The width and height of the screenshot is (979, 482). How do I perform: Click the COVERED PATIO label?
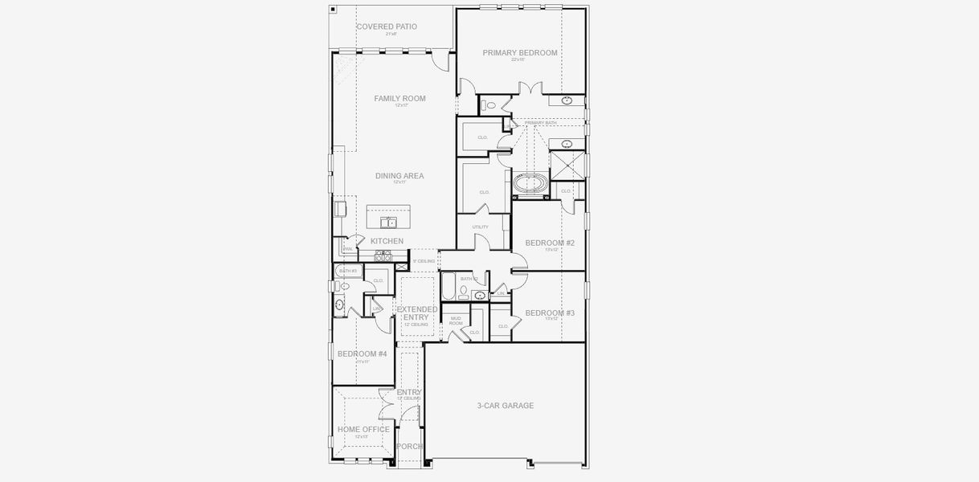(x=387, y=27)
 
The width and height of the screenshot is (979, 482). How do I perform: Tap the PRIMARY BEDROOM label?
(x=520, y=53)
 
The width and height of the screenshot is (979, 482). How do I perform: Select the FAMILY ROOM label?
(x=399, y=99)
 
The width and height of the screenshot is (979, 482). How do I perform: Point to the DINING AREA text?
(x=399, y=176)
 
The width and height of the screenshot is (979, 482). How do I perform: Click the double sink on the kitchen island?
(x=388, y=223)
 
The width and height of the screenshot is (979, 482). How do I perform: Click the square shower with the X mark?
(x=567, y=165)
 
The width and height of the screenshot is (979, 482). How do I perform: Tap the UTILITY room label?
(x=480, y=227)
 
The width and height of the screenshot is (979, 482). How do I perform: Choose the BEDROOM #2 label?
(x=550, y=243)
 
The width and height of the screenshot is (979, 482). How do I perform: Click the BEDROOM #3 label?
(x=550, y=313)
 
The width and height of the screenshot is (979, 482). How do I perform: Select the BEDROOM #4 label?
(x=362, y=354)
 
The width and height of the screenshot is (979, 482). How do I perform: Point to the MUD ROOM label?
(x=456, y=321)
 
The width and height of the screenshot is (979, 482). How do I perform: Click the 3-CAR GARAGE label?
(x=505, y=406)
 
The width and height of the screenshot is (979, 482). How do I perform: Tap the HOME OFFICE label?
(x=363, y=430)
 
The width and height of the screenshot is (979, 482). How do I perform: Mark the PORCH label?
(x=409, y=447)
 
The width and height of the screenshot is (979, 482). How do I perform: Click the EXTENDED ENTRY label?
(x=417, y=313)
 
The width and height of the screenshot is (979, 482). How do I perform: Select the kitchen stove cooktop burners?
(x=382, y=256)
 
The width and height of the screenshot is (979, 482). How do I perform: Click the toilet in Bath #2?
(x=464, y=290)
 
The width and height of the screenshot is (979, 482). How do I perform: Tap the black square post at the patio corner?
(x=333, y=9)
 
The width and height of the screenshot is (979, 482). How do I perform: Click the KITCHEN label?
(x=387, y=241)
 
